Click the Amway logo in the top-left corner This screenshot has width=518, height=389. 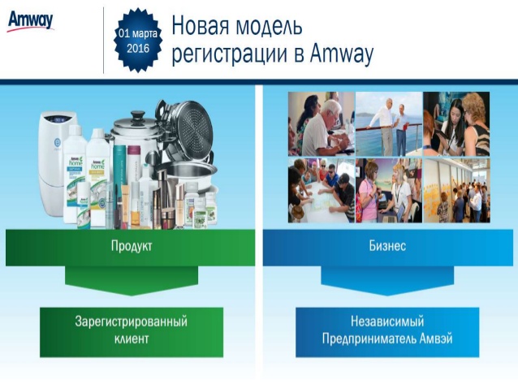[x=30, y=19]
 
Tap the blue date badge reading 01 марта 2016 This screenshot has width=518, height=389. [x=138, y=41]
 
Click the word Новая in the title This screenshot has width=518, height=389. [x=208, y=27]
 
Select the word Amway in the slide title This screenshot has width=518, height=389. [x=341, y=54]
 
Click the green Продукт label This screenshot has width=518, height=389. [x=131, y=246]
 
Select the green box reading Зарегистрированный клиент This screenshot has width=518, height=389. [x=131, y=331]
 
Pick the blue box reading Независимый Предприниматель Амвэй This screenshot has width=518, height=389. [x=386, y=331]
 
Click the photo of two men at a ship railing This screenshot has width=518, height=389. [x=387, y=123]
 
